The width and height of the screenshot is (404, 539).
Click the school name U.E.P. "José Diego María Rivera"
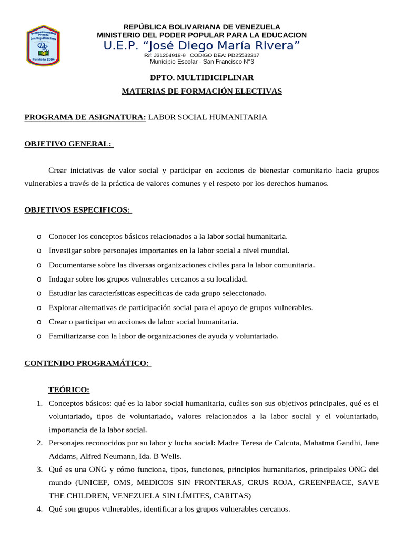201,45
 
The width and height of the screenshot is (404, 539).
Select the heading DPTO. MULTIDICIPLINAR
201,77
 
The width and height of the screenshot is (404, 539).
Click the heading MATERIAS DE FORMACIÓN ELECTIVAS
201,91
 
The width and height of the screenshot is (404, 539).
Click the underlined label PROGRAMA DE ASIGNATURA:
85,117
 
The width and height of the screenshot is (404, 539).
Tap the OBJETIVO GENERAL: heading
68,144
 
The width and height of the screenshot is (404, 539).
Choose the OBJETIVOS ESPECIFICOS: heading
77,210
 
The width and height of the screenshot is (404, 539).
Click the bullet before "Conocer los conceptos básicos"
40,237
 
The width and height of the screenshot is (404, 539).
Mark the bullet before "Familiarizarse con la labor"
40,336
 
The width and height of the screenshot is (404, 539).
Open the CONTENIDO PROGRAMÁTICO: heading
87,363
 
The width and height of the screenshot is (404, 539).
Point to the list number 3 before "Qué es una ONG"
39,469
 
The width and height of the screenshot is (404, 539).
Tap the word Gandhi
337,442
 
